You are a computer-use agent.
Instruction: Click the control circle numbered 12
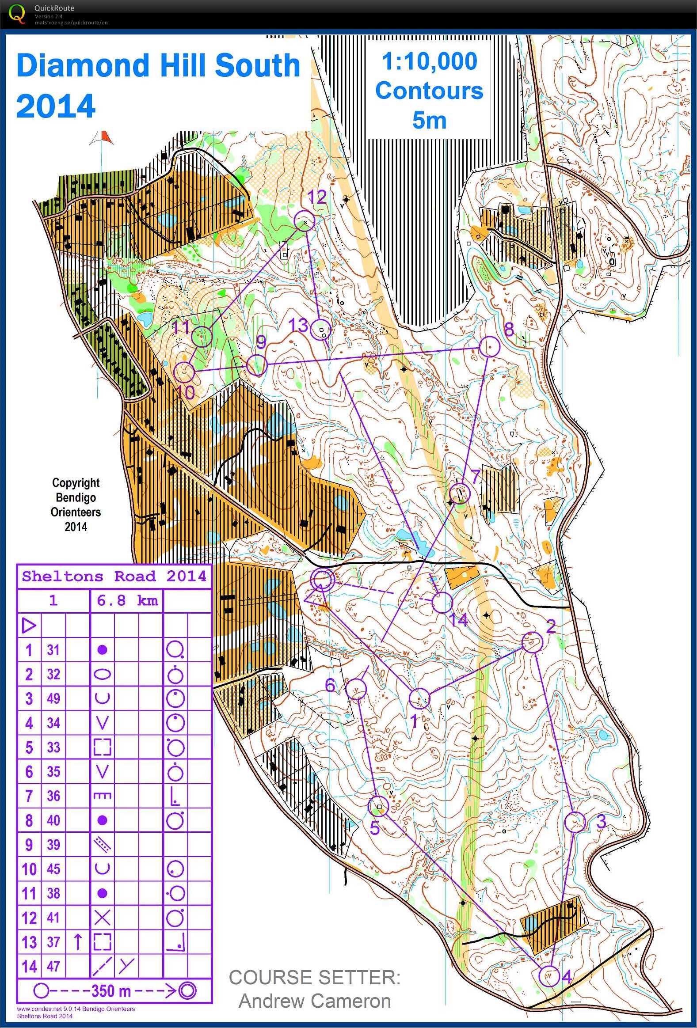305,220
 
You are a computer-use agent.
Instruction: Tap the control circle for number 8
489,346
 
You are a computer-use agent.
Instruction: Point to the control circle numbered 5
378,806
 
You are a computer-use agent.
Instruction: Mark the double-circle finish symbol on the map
322,580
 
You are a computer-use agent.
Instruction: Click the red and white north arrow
102,138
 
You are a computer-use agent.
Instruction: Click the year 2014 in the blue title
56,106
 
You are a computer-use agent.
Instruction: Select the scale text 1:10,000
429,61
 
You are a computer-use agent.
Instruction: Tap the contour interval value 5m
429,120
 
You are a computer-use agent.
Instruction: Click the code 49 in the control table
53,698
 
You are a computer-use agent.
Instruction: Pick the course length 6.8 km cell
127,601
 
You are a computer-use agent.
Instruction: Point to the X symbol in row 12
102,918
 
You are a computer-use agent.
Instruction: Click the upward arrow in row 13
78,942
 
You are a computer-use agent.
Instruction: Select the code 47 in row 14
53,966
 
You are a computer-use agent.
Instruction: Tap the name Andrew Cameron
314,1001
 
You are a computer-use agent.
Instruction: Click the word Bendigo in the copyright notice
76,497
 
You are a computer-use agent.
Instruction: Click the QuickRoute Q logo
17,13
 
